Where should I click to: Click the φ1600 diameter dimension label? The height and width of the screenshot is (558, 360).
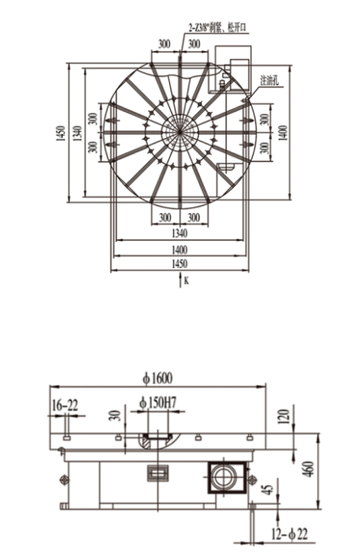pos(159,376)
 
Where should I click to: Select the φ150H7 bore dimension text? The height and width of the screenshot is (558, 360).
pos(158,403)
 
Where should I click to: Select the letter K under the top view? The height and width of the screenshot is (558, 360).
pos(186,281)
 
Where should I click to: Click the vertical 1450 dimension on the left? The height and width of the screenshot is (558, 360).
pos(60,134)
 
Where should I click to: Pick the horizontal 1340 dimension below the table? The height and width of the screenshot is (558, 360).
pos(180,232)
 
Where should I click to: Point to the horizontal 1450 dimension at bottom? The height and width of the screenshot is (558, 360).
pos(180,263)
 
